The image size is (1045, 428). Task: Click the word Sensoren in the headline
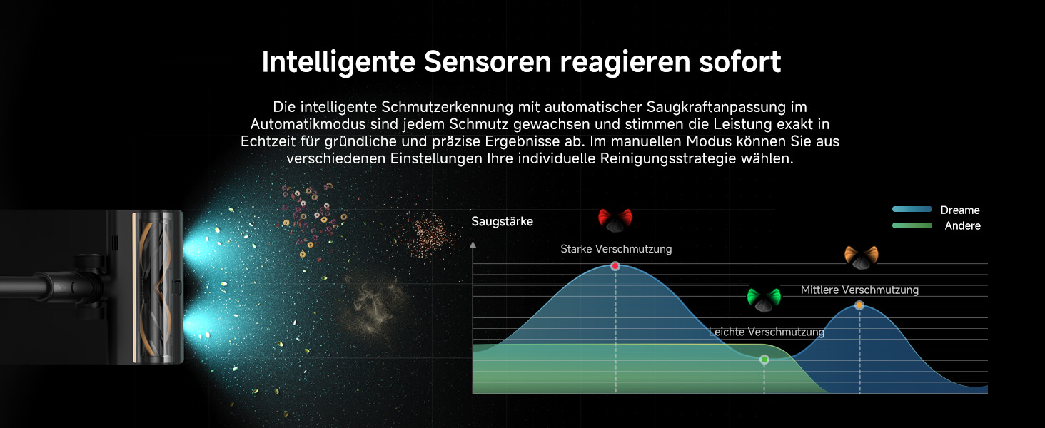pos(488,61)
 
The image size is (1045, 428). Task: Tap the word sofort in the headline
pos(740,61)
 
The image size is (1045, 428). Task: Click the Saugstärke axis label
pos(502,221)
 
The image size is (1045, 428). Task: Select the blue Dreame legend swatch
pos(912,209)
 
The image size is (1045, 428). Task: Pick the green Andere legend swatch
pos(912,225)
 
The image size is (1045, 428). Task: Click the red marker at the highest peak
pos(615,266)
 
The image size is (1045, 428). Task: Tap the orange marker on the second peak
pos(859,306)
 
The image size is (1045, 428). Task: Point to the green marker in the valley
pos(764,360)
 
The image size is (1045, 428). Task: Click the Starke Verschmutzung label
pos(616,249)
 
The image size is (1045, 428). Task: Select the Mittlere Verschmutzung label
pos(859,290)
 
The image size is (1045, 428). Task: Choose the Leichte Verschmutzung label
pos(766,332)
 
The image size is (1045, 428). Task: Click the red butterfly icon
pos(615,220)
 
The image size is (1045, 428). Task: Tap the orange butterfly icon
pos(861,258)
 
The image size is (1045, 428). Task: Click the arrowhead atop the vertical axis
pos(473,244)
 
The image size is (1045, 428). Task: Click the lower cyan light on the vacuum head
pos(198,327)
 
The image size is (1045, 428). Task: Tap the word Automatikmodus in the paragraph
pos(308,124)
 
